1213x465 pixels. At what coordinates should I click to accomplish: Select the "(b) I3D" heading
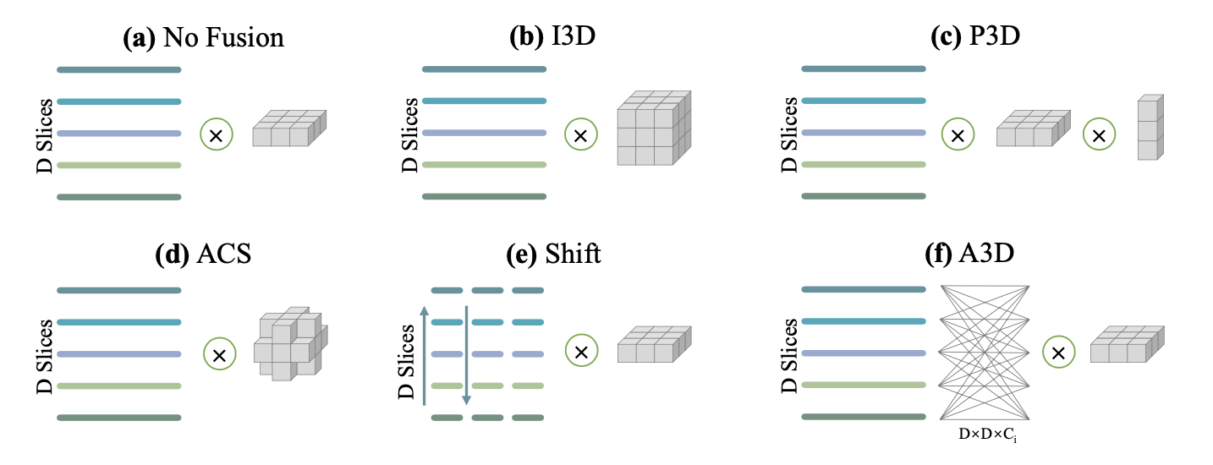coord(550,38)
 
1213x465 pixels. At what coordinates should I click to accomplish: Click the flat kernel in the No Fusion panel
coord(288,129)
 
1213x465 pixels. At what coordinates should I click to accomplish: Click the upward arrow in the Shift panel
coord(425,355)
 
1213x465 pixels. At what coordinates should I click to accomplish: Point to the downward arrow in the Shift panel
coord(465,355)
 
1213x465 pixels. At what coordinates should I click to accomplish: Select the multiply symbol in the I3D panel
coord(580,134)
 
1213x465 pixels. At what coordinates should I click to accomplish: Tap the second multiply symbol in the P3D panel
coord(1098,134)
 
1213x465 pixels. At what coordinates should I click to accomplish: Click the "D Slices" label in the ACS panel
coord(48,354)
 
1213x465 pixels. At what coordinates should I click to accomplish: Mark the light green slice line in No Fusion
coord(118,165)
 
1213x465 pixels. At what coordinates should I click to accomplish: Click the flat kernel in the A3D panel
coord(1125,345)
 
